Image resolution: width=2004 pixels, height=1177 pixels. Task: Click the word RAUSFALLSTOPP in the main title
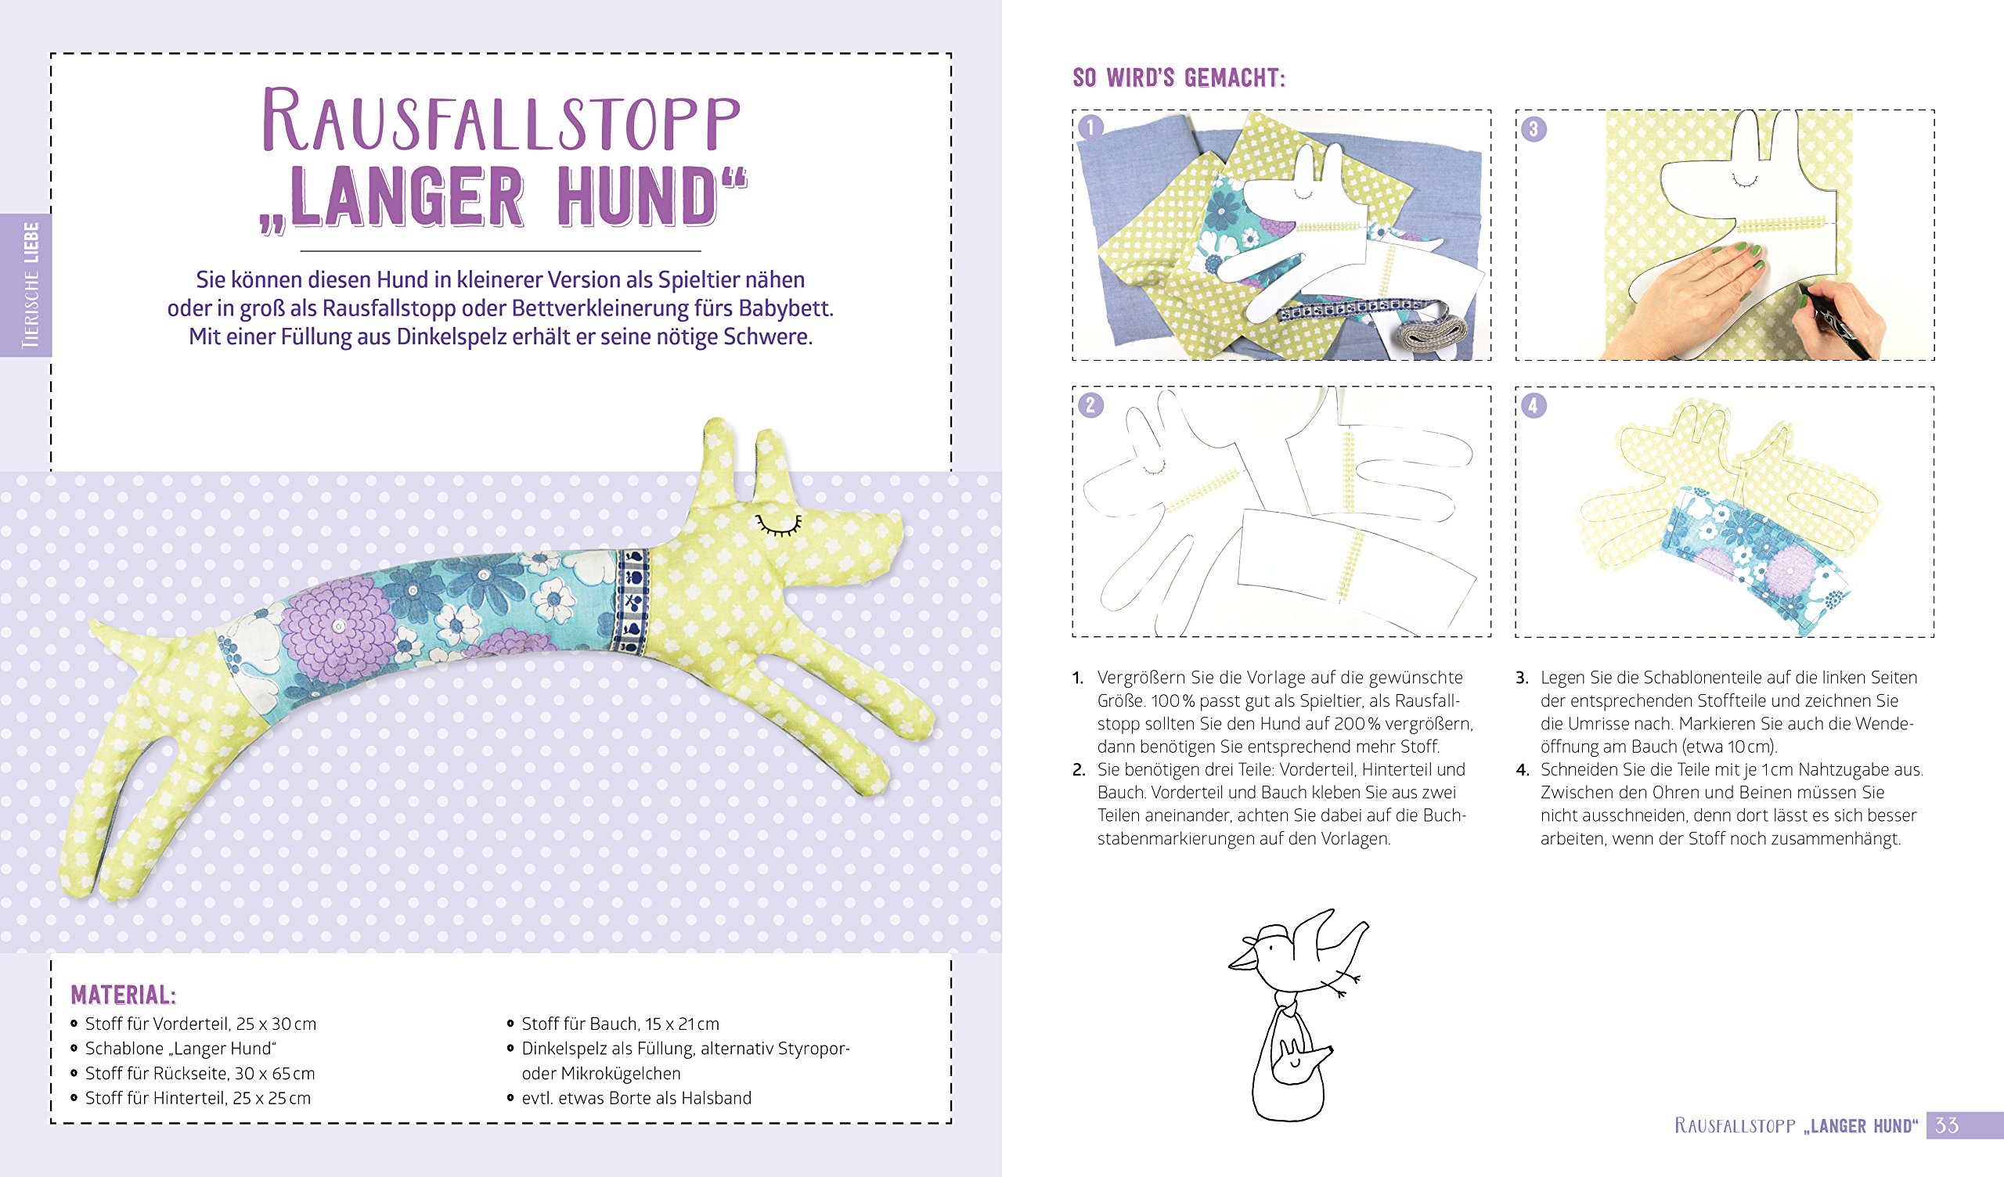[x=501, y=119]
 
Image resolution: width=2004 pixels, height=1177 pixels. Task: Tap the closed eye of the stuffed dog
[x=779, y=524]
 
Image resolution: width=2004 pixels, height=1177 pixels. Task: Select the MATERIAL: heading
[x=123, y=995]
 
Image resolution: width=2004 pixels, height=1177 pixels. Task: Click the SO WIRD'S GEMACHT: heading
[x=1180, y=78]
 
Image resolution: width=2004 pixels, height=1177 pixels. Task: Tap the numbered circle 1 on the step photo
[x=1090, y=128]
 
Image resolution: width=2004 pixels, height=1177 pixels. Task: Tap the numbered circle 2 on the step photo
[x=1090, y=405]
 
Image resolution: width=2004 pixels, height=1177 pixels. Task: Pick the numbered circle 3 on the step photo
[x=1534, y=129]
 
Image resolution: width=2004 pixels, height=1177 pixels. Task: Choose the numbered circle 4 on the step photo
[x=1534, y=405]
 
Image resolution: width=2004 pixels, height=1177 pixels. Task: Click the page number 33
[x=1947, y=1125]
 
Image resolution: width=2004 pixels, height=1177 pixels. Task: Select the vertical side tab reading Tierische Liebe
[x=27, y=285]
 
